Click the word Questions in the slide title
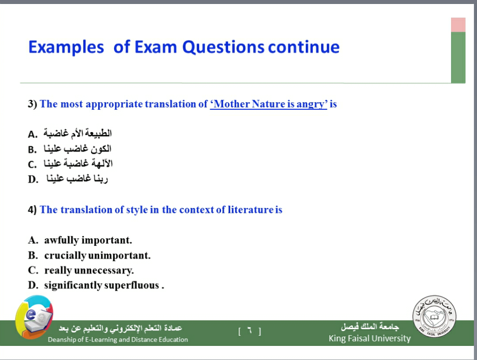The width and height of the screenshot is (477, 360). (224, 47)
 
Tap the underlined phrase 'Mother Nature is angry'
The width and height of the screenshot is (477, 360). (269, 104)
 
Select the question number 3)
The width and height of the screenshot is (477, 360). (32, 104)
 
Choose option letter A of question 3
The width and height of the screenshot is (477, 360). (33, 134)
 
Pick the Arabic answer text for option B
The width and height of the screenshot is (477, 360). (78, 148)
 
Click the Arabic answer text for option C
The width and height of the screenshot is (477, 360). (78, 163)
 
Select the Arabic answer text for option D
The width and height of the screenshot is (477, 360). (77, 178)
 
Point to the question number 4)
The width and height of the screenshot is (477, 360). (32, 210)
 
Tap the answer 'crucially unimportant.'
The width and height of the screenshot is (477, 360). (97, 256)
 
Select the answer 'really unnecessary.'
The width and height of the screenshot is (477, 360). (89, 271)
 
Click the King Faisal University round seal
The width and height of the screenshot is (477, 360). (434, 316)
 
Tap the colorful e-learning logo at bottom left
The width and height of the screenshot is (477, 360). (34, 317)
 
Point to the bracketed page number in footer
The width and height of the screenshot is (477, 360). (250, 331)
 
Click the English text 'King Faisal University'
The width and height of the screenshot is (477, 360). (370, 338)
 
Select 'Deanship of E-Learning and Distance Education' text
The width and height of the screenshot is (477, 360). (118, 340)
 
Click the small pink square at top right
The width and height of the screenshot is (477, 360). (458, 25)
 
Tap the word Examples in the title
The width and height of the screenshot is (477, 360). (66, 47)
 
